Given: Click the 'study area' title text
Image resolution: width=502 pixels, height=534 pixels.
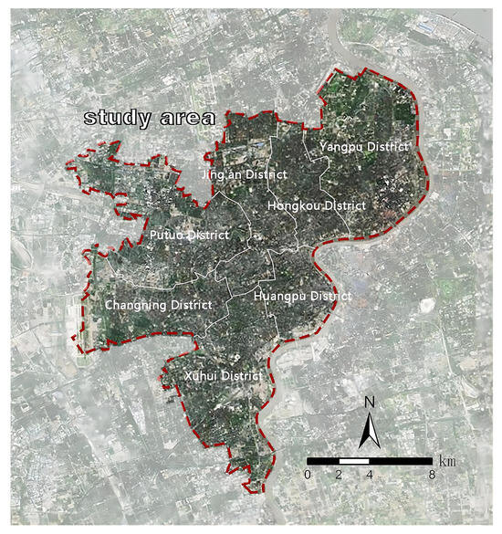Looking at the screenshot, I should point(150,118).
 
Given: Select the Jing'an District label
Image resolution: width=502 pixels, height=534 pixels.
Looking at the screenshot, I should point(244,173).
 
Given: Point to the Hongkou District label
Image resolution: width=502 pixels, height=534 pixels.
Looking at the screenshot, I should point(316,206).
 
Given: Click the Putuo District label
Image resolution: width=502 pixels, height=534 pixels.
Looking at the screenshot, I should point(188,236).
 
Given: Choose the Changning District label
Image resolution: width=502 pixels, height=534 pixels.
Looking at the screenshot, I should point(159,305).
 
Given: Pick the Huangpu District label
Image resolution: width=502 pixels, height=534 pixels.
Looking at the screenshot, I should point(302,297).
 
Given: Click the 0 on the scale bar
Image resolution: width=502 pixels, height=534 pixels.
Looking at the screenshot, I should point(309,476).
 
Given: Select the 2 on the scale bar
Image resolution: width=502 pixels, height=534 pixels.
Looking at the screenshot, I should point(339,476).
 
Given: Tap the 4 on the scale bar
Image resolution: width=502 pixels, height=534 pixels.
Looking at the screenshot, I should point(369,476).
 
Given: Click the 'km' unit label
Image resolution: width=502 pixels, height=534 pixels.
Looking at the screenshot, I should point(446,462).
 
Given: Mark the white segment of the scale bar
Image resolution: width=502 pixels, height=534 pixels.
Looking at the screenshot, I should point(353,461).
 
